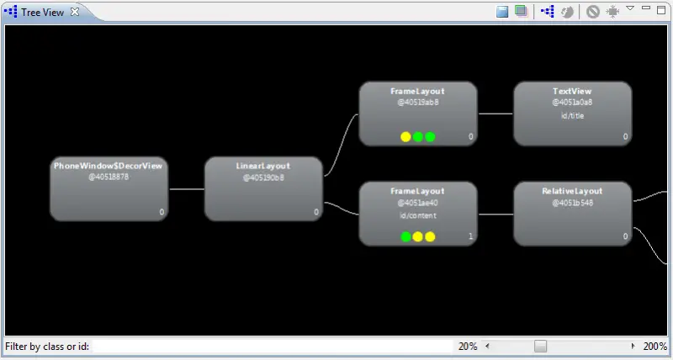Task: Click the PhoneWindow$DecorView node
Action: [x=109, y=189]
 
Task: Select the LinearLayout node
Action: [x=263, y=189]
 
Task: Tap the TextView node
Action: [x=572, y=114]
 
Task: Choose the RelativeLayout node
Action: [x=572, y=214]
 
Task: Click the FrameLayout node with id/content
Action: [x=418, y=214]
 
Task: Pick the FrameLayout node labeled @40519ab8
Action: [x=418, y=114]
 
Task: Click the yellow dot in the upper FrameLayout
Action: [x=405, y=137]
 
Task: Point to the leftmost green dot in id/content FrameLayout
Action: [x=406, y=237]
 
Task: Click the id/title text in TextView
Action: [x=572, y=116]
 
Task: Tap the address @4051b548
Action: [x=572, y=203]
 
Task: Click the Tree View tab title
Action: [x=42, y=12]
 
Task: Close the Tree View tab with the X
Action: [x=74, y=12]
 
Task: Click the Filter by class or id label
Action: [x=47, y=347]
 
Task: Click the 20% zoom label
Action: [x=467, y=347]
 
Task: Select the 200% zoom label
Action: [x=655, y=347]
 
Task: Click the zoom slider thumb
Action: [x=541, y=347]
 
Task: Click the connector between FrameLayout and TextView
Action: [x=495, y=114]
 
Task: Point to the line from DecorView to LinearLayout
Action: [x=186, y=189]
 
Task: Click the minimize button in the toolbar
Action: [x=646, y=8]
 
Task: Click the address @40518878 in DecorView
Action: [x=109, y=177]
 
